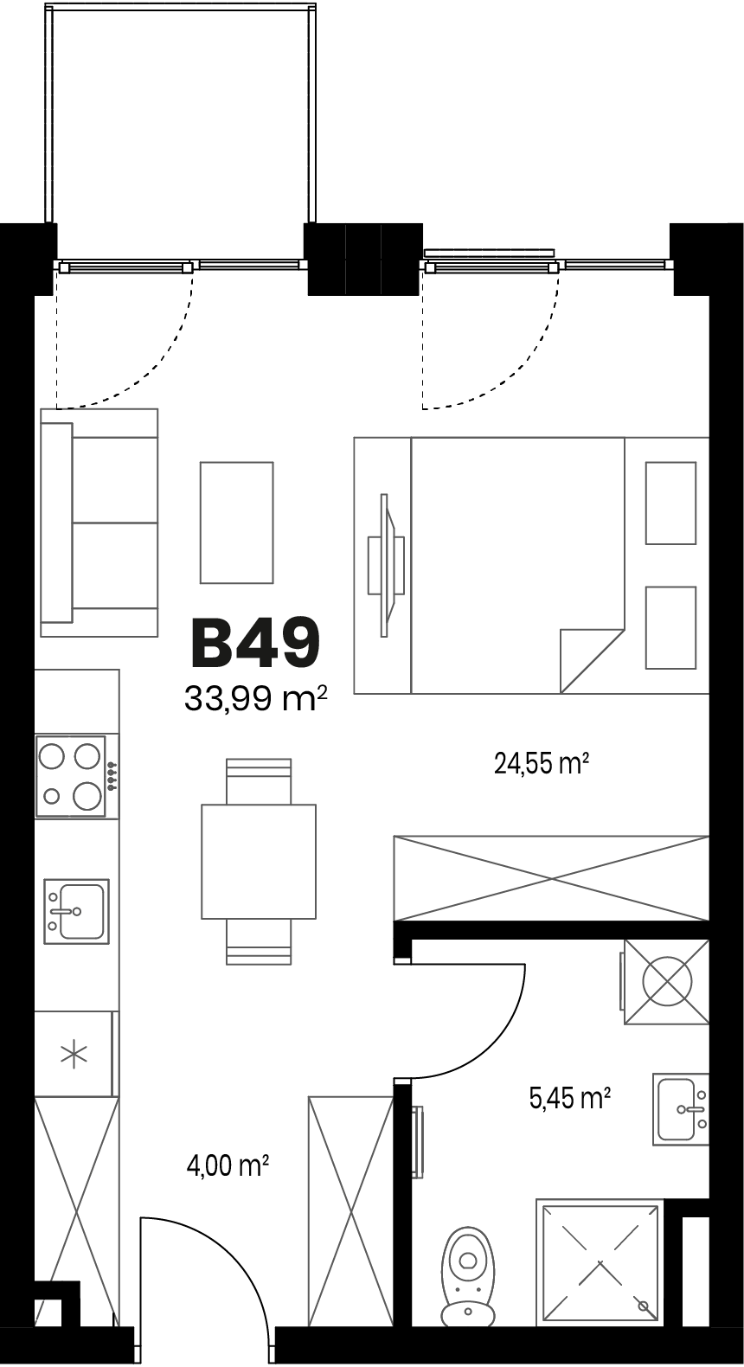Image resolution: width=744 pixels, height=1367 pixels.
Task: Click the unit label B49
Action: point(255,642)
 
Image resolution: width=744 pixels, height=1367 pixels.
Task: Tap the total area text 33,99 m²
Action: point(256,698)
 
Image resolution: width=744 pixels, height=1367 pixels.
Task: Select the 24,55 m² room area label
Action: point(542,763)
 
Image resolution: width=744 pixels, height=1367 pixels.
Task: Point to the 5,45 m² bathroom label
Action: point(570,1099)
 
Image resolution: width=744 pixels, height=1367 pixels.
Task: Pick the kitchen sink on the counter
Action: point(76,911)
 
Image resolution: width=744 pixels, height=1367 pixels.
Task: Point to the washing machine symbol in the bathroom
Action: point(666,982)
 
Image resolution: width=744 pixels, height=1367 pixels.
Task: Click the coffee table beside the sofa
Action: point(237,523)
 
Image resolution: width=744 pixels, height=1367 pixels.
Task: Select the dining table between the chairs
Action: point(259,861)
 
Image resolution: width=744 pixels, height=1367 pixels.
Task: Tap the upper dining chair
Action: point(259,781)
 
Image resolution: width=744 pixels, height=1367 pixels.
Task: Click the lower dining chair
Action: point(259,941)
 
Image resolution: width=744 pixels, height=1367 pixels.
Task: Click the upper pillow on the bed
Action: point(670,503)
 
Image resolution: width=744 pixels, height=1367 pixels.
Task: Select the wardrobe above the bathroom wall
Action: point(552,878)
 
